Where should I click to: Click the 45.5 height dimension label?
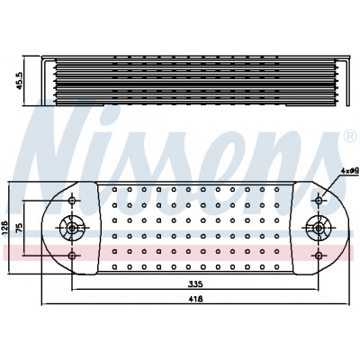tap(20, 80)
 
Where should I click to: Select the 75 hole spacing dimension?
tap(19, 228)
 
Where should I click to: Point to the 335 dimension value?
tap(195, 283)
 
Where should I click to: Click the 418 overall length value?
tap(195, 299)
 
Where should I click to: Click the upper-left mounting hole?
tap(72, 201)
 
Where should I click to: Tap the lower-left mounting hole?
tap(72, 256)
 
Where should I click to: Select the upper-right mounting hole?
tap(319, 201)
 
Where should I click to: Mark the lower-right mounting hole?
tap(319, 256)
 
